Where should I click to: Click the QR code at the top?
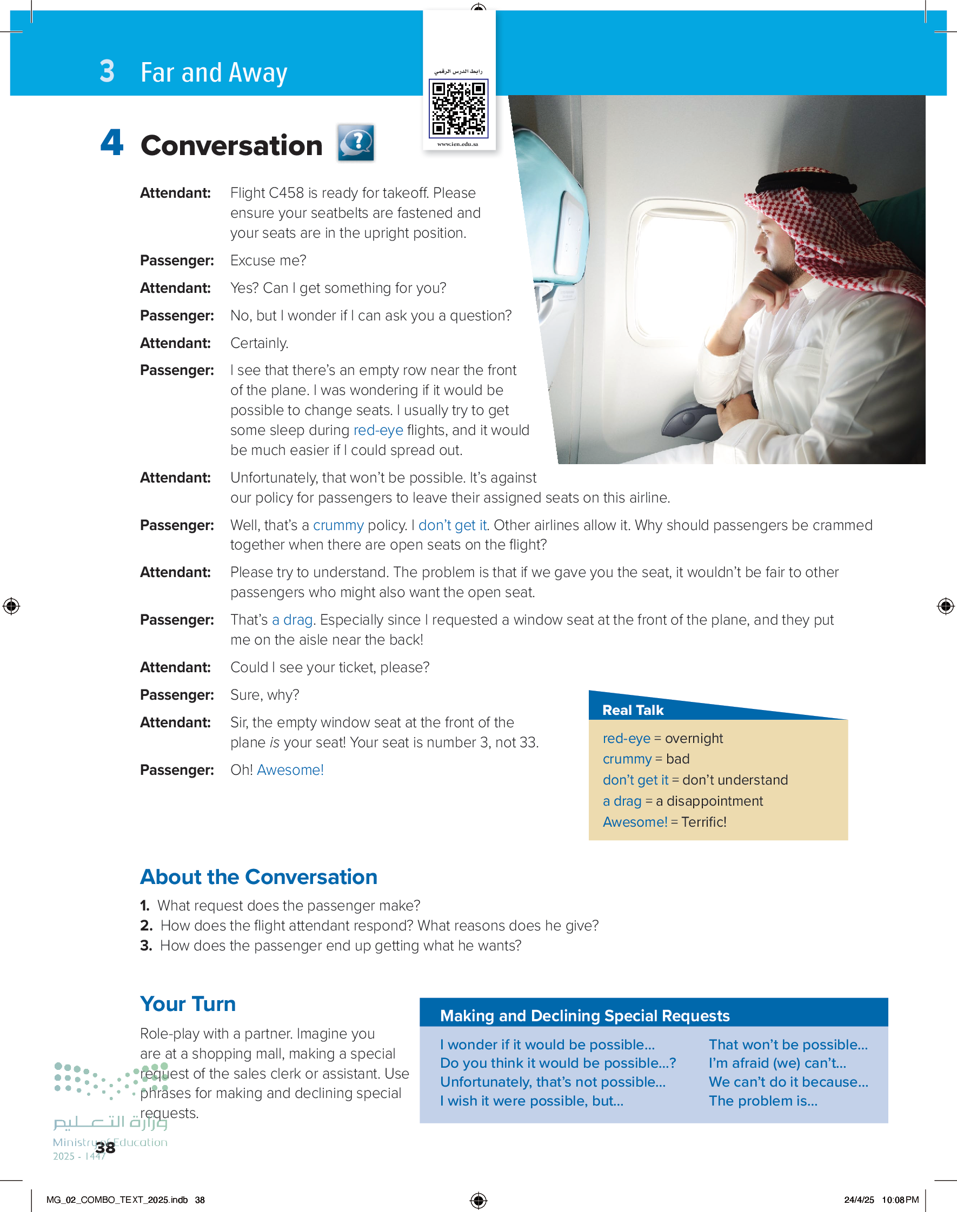coord(458,108)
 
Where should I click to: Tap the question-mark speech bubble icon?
coord(356,143)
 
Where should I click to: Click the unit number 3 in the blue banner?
coord(107,72)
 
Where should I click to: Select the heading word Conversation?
coord(231,145)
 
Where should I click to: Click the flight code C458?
coord(287,193)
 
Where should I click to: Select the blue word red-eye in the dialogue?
coord(378,430)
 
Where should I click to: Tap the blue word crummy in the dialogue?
coord(338,525)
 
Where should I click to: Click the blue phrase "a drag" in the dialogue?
coord(292,620)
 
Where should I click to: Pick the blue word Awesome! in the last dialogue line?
coord(290,770)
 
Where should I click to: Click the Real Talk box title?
coord(633,710)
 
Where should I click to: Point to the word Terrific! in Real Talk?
coord(704,822)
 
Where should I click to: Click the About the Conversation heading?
coord(258,876)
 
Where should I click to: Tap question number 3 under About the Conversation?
coord(146,946)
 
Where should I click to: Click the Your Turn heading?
coord(188,1004)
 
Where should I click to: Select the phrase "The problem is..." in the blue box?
coord(762,1101)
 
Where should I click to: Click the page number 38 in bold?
coord(105,1148)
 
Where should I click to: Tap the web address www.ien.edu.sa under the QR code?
coord(458,144)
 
